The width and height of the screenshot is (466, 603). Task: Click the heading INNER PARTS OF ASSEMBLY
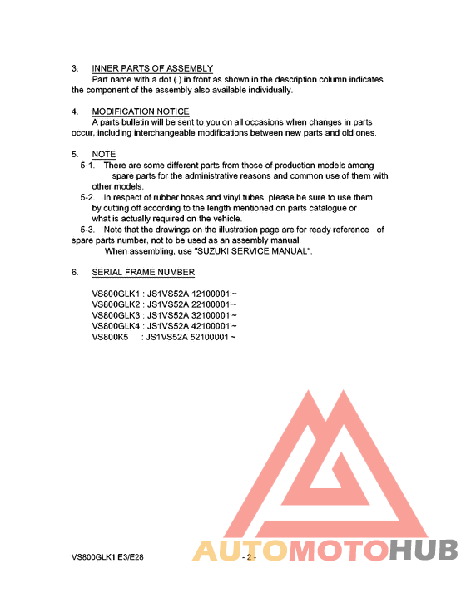coord(152,68)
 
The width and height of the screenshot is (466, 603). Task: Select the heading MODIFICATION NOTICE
coord(141,111)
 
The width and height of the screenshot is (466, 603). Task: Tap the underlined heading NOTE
coord(104,155)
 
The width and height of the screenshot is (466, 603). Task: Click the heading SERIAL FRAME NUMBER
coord(143,273)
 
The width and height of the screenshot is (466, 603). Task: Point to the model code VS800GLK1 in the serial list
coord(115,294)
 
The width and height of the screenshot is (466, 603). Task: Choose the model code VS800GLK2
coord(115,304)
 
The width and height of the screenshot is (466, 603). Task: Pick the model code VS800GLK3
coord(115,315)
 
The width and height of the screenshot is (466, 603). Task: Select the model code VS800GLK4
coord(115,326)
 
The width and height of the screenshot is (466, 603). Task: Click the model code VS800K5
coord(110,337)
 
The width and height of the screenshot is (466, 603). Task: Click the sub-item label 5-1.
coord(88,166)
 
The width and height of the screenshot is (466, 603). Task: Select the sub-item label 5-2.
coord(88,198)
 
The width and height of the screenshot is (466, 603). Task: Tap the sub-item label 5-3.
coord(88,230)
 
